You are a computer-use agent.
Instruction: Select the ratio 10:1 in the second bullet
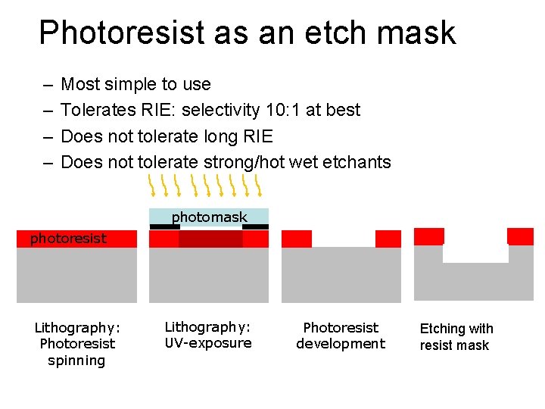(282, 110)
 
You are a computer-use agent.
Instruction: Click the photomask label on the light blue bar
(209, 217)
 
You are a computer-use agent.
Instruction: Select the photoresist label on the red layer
(68, 239)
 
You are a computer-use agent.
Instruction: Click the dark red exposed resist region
(210, 239)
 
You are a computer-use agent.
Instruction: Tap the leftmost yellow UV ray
(151, 183)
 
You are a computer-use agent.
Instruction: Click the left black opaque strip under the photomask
(164, 226)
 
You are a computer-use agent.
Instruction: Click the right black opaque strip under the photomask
(256, 226)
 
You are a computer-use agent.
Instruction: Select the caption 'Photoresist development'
(341, 336)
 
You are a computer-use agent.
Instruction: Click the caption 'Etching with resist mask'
(456, 337)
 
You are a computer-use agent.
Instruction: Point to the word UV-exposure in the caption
(208, 343)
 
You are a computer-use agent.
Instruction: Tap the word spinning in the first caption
(76, 360)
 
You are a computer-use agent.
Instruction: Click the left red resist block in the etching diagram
(429, 236)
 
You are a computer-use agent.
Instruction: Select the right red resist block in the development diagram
(388, 239)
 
